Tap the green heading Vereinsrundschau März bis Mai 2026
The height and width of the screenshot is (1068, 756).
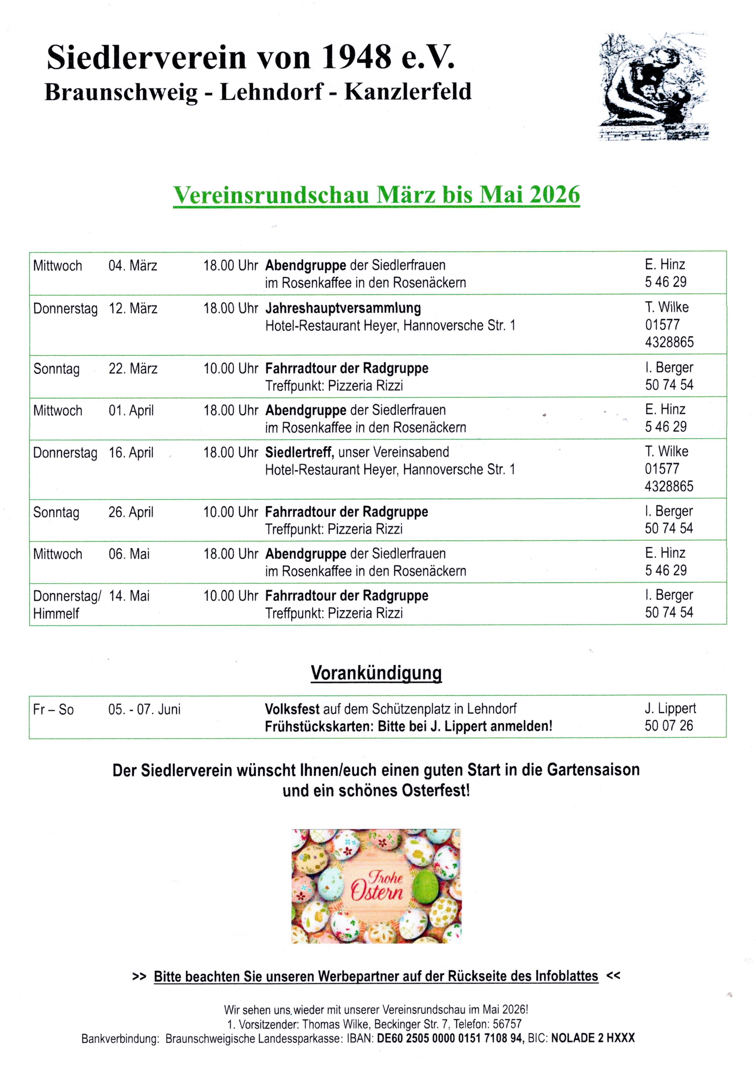pyautogui.click(x=376, y=195)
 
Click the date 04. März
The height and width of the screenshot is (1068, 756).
pyautogui.click(x=133, y=266)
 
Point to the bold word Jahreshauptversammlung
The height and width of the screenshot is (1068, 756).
pyautogui.click(x=343, y=308)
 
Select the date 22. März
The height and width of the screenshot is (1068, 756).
pyautogui.click(x=133, y=369)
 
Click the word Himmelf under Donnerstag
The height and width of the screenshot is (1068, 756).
pyautogui.click(x=56, y=613)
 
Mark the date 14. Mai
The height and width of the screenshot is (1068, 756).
pyautogui.click(x=129, y=596)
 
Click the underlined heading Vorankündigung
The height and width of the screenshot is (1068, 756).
pyautogui.click(x=376, y=673)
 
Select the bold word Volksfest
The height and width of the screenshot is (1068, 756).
pyautogui.click(x=292, y=709)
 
